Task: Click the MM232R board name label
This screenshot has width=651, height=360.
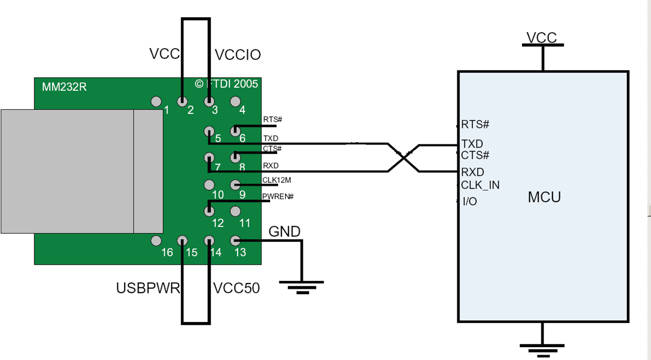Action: pyautogui.click(x=64, y=86)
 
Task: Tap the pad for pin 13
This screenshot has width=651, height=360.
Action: pyautogui.click(x=235, y=241)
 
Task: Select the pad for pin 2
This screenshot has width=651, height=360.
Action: pyautogui.click(x=182, y=101)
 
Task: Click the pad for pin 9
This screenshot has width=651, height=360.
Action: pyautogui.click(x=235, y=185)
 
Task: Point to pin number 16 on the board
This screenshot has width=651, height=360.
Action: pyautogui.click(x=167, y=252)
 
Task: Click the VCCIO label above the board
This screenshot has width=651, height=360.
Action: pyautogui.click(x=238, y=55)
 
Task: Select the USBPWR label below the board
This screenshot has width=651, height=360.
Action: pyautogui.click(x=148, y=288)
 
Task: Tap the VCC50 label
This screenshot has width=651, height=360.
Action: pyautogui.click(x=236, y=288)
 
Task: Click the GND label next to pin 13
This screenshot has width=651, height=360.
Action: pyautogui.click(x=284, y=232)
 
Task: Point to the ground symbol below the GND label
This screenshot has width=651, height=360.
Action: pyautogui.click(x=301, y=287)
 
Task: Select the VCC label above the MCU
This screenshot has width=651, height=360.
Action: pyautogui.click(x=542, y=38)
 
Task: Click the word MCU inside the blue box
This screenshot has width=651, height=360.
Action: pyautogui.click(x=544, y=197)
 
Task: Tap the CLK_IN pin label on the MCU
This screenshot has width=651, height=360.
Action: pyautogui.click(x=480, y=185)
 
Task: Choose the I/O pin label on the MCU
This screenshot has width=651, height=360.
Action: pyautogui.click(x=470, y=202)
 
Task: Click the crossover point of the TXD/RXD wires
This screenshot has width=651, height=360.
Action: pyautogui.click(x=403, y=158)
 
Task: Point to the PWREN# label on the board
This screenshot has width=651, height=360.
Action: pyautogui.click(x=278, y=196)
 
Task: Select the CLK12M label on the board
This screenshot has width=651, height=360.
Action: pyautogui.click(x=277, y=180)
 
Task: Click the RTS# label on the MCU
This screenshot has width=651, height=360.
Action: pyautogui.click(x=475, y=125)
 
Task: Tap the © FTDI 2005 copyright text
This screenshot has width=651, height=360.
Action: pyautogui.click(x=226, y=84)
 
